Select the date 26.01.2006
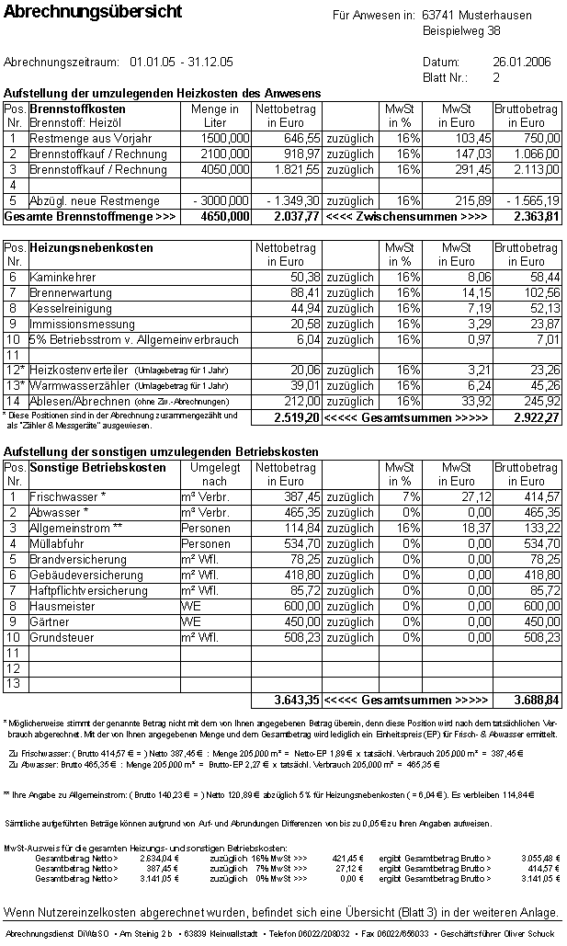pos(521,63)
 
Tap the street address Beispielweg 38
pos(461,31)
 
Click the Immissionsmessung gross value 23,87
pos(543,324)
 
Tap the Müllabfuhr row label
pos(57,543)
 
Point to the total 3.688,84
pos(536,700)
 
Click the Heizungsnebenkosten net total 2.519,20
pos(295,417)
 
